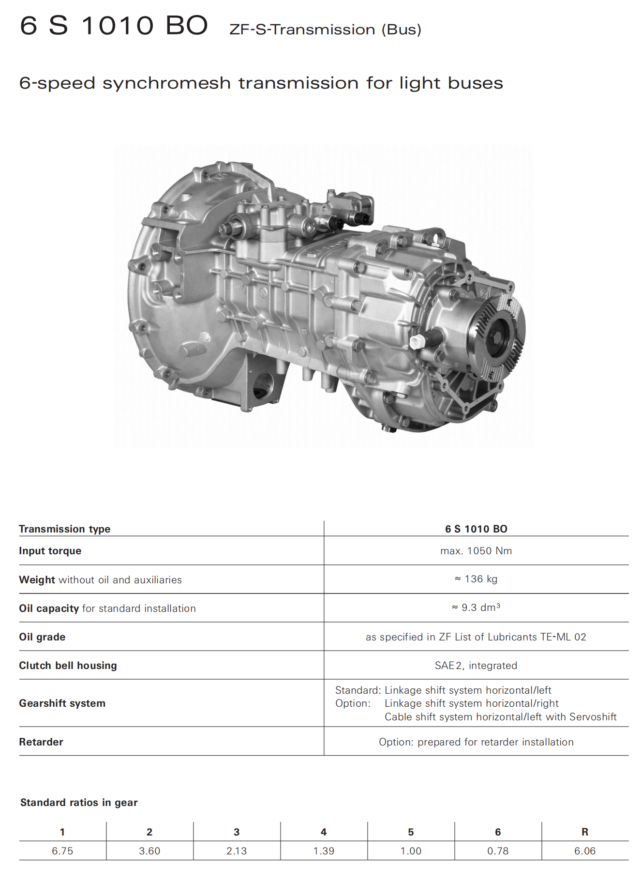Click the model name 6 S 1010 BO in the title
coord(114,25)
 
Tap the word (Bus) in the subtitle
coord(402,30)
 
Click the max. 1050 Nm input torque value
coord(476,551)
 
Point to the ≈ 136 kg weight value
coord(476,579)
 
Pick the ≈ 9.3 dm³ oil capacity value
coord(476,607)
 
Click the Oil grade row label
coord(42,637)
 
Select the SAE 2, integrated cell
coord(476,666)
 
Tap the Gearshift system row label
coord(62,703)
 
